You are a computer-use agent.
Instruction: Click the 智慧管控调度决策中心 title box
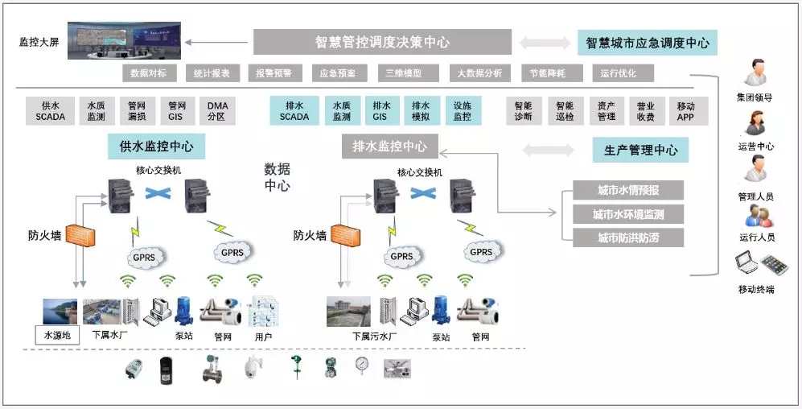[382, 43]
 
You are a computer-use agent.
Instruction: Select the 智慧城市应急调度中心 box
[648, 43]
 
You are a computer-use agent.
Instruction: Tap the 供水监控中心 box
[156, 147]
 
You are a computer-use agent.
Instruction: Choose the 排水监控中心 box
[390, 147]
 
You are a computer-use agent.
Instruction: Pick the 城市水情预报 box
[628, 191]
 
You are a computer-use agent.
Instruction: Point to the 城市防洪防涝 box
[628, 238]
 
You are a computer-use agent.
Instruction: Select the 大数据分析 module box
[479, 73]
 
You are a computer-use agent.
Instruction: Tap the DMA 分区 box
[217, 111]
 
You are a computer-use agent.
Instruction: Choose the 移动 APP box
[685, 111]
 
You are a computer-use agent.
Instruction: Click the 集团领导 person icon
[755, 74]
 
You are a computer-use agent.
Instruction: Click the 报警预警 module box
[274, 73]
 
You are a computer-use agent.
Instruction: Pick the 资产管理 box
[607, 111]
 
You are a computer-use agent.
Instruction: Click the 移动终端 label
[755, 289]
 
